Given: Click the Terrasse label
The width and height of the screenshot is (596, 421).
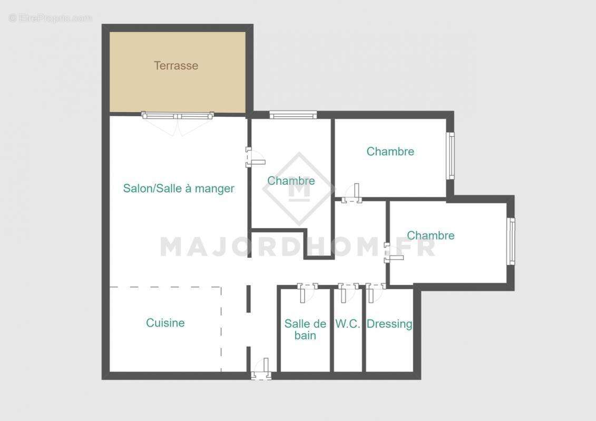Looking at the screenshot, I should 176,66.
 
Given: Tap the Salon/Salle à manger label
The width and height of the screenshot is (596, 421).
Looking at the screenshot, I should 179,188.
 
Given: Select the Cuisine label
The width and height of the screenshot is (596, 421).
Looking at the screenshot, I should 165,323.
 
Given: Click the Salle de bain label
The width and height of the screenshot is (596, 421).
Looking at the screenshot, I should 305,329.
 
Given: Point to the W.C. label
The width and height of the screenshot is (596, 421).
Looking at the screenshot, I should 348,324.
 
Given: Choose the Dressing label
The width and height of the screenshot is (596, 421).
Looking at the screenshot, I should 389,324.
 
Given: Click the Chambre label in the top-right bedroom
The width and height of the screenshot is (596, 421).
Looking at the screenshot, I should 390,152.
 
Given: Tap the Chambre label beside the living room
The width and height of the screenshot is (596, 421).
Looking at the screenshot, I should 291,181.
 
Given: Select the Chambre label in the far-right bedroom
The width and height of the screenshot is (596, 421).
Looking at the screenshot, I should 431,236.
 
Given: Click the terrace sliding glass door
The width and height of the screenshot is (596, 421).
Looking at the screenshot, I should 178,115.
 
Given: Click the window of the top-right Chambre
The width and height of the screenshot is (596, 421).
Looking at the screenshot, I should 451,155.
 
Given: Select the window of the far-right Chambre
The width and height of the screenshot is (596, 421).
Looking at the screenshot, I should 511,240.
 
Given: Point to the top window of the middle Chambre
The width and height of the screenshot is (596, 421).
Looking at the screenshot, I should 293,114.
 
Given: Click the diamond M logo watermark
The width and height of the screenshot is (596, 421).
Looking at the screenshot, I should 299,188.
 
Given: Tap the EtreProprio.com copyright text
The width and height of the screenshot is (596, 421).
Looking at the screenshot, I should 50,18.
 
